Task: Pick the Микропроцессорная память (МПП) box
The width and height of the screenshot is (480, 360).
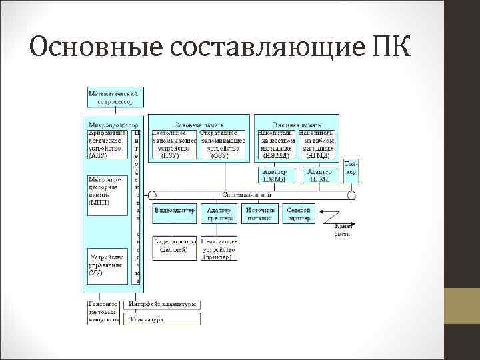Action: coord(106,193)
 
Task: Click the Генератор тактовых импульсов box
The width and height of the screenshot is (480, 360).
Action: coord(104,312)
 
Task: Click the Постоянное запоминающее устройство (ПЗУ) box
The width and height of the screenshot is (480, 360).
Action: coord(174,144)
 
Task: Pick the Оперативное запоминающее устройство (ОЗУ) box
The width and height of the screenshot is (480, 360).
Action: coord(223,144)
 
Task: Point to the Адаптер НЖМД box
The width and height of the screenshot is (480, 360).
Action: coord(275,175)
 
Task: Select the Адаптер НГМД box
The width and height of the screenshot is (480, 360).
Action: coord(321,175)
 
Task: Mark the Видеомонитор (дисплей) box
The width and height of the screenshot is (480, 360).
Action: coord(174,248)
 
